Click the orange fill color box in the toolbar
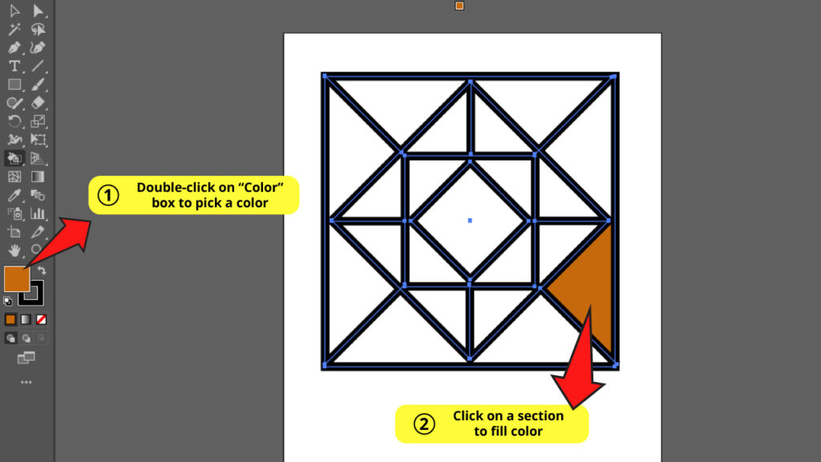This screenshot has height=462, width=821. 17,278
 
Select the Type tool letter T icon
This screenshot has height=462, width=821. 14,66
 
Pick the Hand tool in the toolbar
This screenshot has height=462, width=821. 14,250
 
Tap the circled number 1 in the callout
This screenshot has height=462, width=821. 108,196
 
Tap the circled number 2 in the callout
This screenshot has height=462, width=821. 424,423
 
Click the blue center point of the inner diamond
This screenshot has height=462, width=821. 470,220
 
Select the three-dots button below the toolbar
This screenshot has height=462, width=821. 26,383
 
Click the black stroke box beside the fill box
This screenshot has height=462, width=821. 32,294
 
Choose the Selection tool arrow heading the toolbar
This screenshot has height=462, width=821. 14,10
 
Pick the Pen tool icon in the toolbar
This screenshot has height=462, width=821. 14,47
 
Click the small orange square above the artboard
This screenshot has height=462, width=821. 459,6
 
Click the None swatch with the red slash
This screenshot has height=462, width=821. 42,319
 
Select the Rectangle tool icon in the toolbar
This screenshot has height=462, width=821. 14,84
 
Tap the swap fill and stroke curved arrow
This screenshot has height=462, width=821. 42,271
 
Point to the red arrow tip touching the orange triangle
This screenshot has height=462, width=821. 589,309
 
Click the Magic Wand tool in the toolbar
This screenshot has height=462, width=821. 14,29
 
